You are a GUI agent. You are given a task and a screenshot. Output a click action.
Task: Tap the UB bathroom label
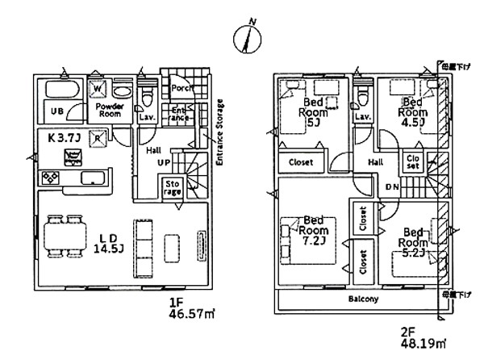(58, 111)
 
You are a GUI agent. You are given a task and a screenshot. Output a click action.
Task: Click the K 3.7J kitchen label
(61, 137)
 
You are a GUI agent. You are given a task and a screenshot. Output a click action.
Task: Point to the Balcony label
(363, 299)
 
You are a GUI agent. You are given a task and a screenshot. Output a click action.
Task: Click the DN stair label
(391, 187)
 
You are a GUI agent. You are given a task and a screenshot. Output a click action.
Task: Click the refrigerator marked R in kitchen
(98, 138)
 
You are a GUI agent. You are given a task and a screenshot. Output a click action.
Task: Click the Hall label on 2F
(376, 161)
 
